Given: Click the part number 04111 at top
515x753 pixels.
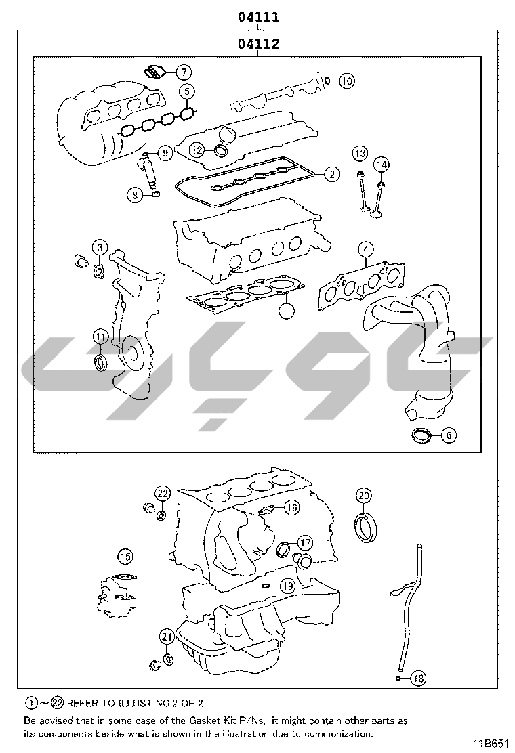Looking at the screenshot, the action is pos(258,17).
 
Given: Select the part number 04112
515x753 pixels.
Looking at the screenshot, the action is pos(258,44).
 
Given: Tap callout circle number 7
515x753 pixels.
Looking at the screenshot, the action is pos(184,72).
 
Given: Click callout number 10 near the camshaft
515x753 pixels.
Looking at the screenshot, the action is pos(347,81).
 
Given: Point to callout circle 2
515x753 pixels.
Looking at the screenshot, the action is pos(332,174).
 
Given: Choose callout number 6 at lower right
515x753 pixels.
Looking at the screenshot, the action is pos(449,435).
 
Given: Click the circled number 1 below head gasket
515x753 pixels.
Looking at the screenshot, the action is pos(287,311).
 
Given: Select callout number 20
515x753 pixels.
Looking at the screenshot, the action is pos(364,495).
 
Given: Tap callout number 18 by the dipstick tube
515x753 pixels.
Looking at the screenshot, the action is pos(419,678).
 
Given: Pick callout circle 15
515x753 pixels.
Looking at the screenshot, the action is pos(125,557).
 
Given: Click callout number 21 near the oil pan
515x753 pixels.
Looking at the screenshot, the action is pos(167,637).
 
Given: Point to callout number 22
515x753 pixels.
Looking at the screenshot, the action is pos(163,493).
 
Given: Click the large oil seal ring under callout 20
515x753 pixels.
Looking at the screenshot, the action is pos(366,528).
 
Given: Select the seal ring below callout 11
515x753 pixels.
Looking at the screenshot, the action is pos(101,362).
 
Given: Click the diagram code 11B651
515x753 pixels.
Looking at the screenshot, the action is pos(490,744).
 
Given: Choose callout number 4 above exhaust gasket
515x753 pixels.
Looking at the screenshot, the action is pos(366,249).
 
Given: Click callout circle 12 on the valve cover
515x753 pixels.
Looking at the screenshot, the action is pos(197,150).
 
